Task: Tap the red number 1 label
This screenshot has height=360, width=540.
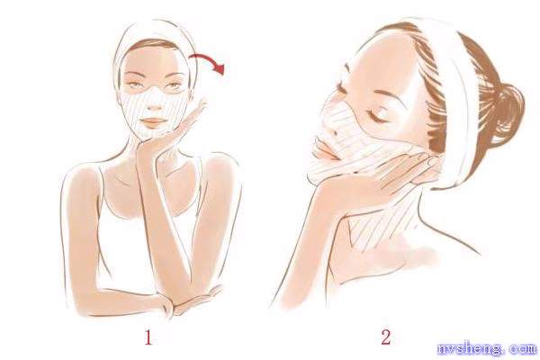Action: [x=148, y=337]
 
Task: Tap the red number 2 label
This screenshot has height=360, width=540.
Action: [x=386, y=337]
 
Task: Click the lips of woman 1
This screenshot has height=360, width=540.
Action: [x=153, y=121]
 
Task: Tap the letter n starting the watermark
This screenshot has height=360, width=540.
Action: [x=443, y=349]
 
